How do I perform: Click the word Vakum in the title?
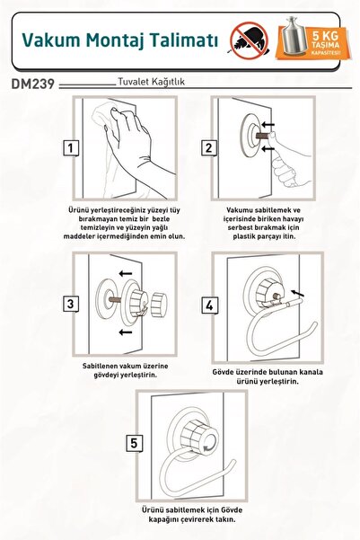51,40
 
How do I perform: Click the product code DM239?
33,84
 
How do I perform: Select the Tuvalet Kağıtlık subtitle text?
152,82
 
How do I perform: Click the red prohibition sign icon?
250,40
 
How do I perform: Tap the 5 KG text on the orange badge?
325,35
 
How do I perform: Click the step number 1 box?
71,148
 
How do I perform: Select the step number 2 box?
209,148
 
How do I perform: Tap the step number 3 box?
71,304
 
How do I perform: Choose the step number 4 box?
209,305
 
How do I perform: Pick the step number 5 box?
134,443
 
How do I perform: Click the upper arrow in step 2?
268,124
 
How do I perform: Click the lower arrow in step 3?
126,332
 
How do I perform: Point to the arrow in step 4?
298,293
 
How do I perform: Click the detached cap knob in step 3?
159,305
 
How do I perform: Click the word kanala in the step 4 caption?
312,372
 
